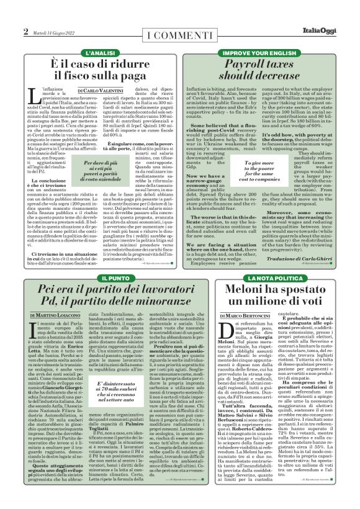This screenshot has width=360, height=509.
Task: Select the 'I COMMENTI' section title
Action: click(x=179, y=31)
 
